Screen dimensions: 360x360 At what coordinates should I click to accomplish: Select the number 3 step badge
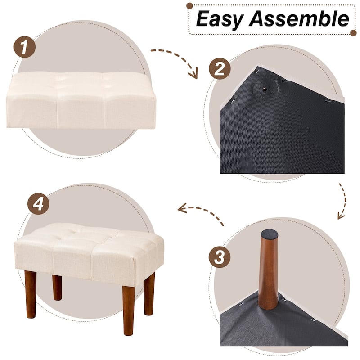219,258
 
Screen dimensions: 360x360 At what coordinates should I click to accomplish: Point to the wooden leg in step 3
269,274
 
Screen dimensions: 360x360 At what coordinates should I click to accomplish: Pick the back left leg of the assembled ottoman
57,287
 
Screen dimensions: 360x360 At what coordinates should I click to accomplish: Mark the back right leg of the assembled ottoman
149,293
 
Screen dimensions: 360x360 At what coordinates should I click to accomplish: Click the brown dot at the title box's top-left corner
189,6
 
